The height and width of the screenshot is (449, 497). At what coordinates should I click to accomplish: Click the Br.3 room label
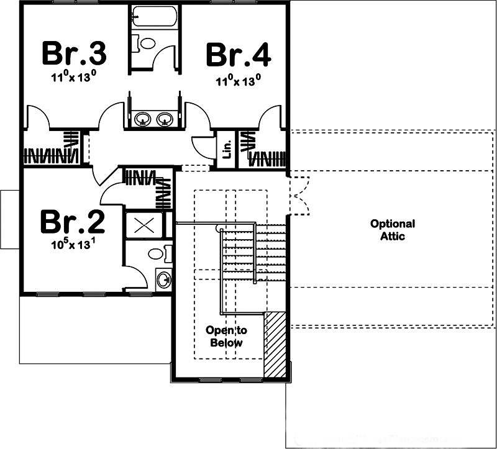click(x=74, y=54)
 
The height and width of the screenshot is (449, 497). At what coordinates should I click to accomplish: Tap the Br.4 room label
click(x=239, y=55)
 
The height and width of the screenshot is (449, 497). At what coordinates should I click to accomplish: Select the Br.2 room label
click(x=72, y=221)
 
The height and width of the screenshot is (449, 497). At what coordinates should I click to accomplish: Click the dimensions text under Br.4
click(x=238, y=79)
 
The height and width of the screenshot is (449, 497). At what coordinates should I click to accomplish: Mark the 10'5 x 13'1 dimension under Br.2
click(x=73, y=244)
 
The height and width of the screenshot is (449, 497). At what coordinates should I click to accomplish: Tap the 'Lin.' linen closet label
click(x=227, y=149)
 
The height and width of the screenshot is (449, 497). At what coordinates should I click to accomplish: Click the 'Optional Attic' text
click(x=393, y=230)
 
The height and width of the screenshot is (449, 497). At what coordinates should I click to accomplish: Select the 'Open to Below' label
click(x=226, y=337)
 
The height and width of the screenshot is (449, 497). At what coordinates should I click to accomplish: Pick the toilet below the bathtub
click(x=146, y=43)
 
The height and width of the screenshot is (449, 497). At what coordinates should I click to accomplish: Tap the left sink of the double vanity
click(x=144, y=118)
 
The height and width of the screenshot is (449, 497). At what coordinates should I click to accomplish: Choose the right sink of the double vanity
click(x=165, y=118)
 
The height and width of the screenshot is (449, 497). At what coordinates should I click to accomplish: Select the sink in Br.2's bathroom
click(x=163, y=279)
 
